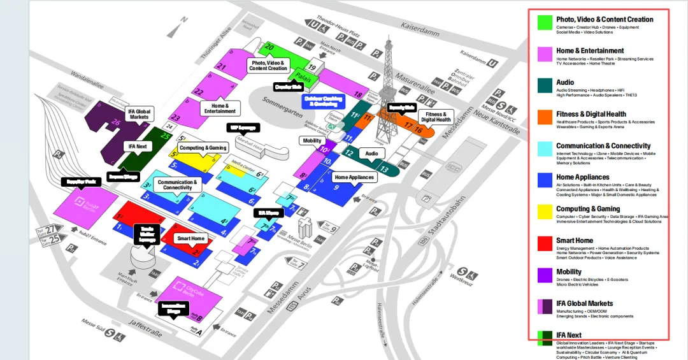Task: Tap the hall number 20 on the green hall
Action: click(269, 47)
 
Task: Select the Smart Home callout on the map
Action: click(191, 238)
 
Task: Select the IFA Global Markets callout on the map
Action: click(139, 113)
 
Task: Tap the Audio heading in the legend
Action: click(565, 82)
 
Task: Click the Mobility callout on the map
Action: click(312, 140)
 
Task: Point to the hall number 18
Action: click(357, 94)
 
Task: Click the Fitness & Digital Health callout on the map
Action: click(436, 117)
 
